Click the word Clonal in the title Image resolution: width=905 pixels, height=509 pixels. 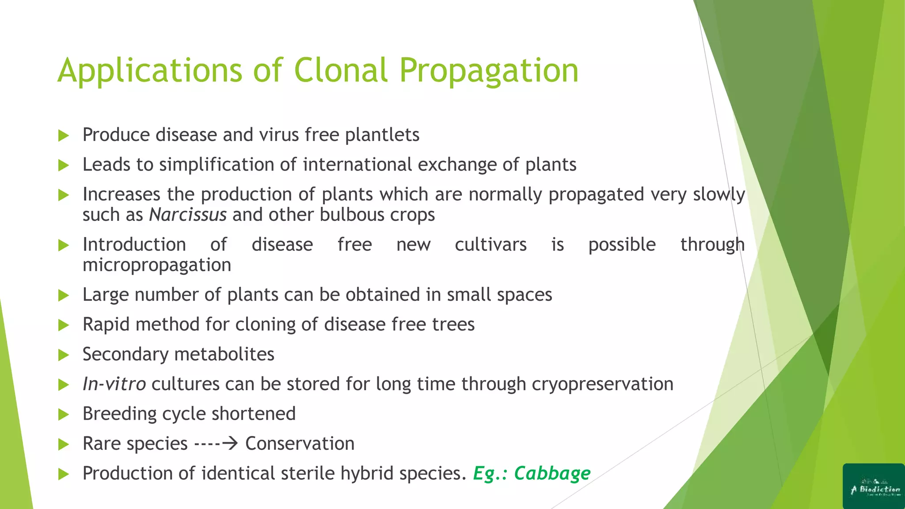340,71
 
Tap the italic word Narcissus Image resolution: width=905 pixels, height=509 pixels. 188,215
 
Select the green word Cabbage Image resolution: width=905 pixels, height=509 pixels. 552,474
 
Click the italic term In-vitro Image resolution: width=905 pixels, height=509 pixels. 114,384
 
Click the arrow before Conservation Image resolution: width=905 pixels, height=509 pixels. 230,443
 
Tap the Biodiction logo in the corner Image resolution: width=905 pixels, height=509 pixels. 874,486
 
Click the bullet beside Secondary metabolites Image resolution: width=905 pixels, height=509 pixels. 64,355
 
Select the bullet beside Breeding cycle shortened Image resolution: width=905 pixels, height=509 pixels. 64,414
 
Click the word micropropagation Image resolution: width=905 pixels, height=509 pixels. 157,265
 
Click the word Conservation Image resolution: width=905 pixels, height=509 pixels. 300,444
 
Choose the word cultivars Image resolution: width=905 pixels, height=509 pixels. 491,245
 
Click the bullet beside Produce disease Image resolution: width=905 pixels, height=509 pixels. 64,136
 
